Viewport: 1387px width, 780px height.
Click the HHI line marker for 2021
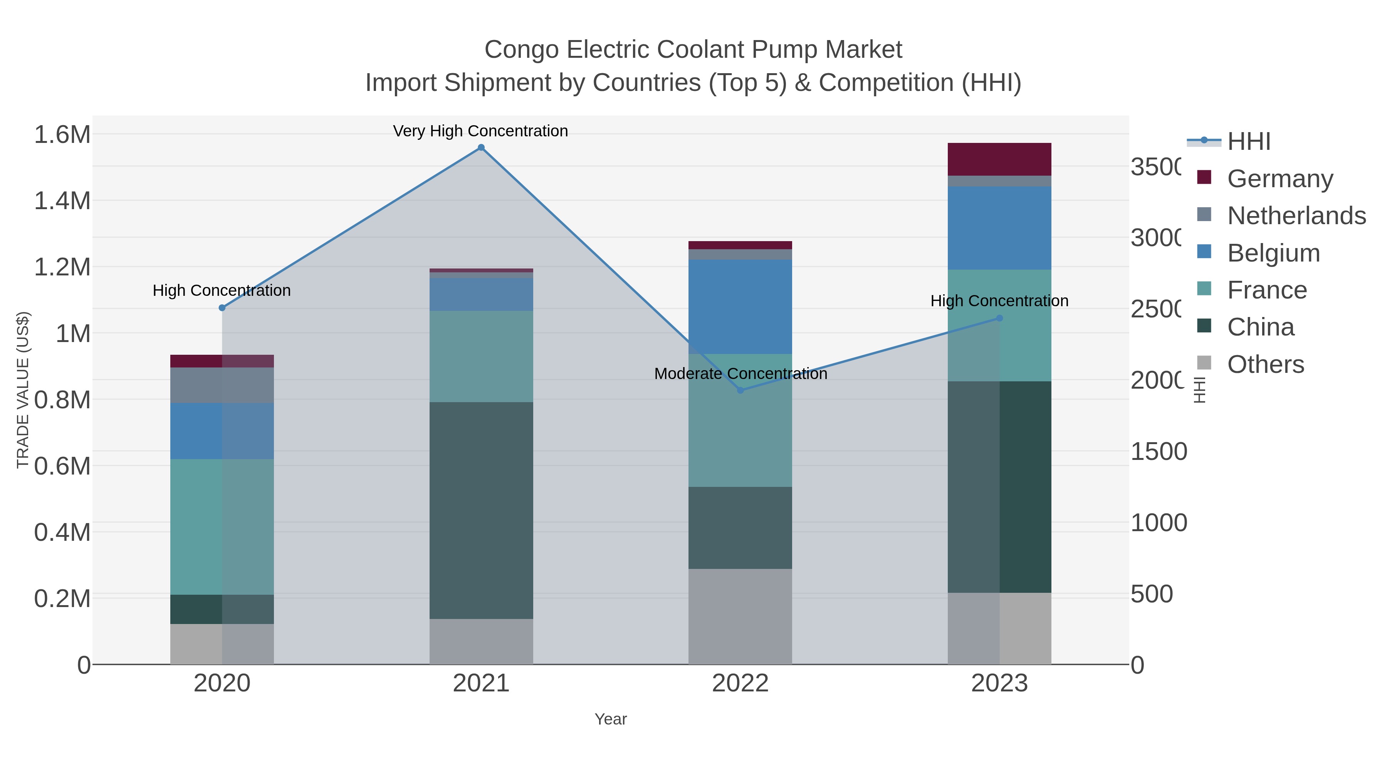[481, 148]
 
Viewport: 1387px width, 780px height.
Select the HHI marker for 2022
[741, 390]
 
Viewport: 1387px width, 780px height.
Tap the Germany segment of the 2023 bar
[999, 159]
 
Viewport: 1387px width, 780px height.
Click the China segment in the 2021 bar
[481, 510]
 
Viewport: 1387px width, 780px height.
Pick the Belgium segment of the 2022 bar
[741, 307]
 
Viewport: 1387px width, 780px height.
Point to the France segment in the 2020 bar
[222, 527]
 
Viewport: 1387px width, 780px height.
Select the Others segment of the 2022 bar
[741, 616]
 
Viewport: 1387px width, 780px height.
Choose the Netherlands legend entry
[1296, 216]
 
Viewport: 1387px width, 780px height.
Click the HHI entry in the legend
[1249, 142]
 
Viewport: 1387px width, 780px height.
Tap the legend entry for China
[1261, 327]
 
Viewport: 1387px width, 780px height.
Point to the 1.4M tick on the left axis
[62, 201]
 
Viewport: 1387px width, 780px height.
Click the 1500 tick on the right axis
[1158, 452]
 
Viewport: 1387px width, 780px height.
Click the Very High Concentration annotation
[480, 131]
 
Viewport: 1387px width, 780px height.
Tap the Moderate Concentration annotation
[741, 374]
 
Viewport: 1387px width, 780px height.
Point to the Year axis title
[611, 719]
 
